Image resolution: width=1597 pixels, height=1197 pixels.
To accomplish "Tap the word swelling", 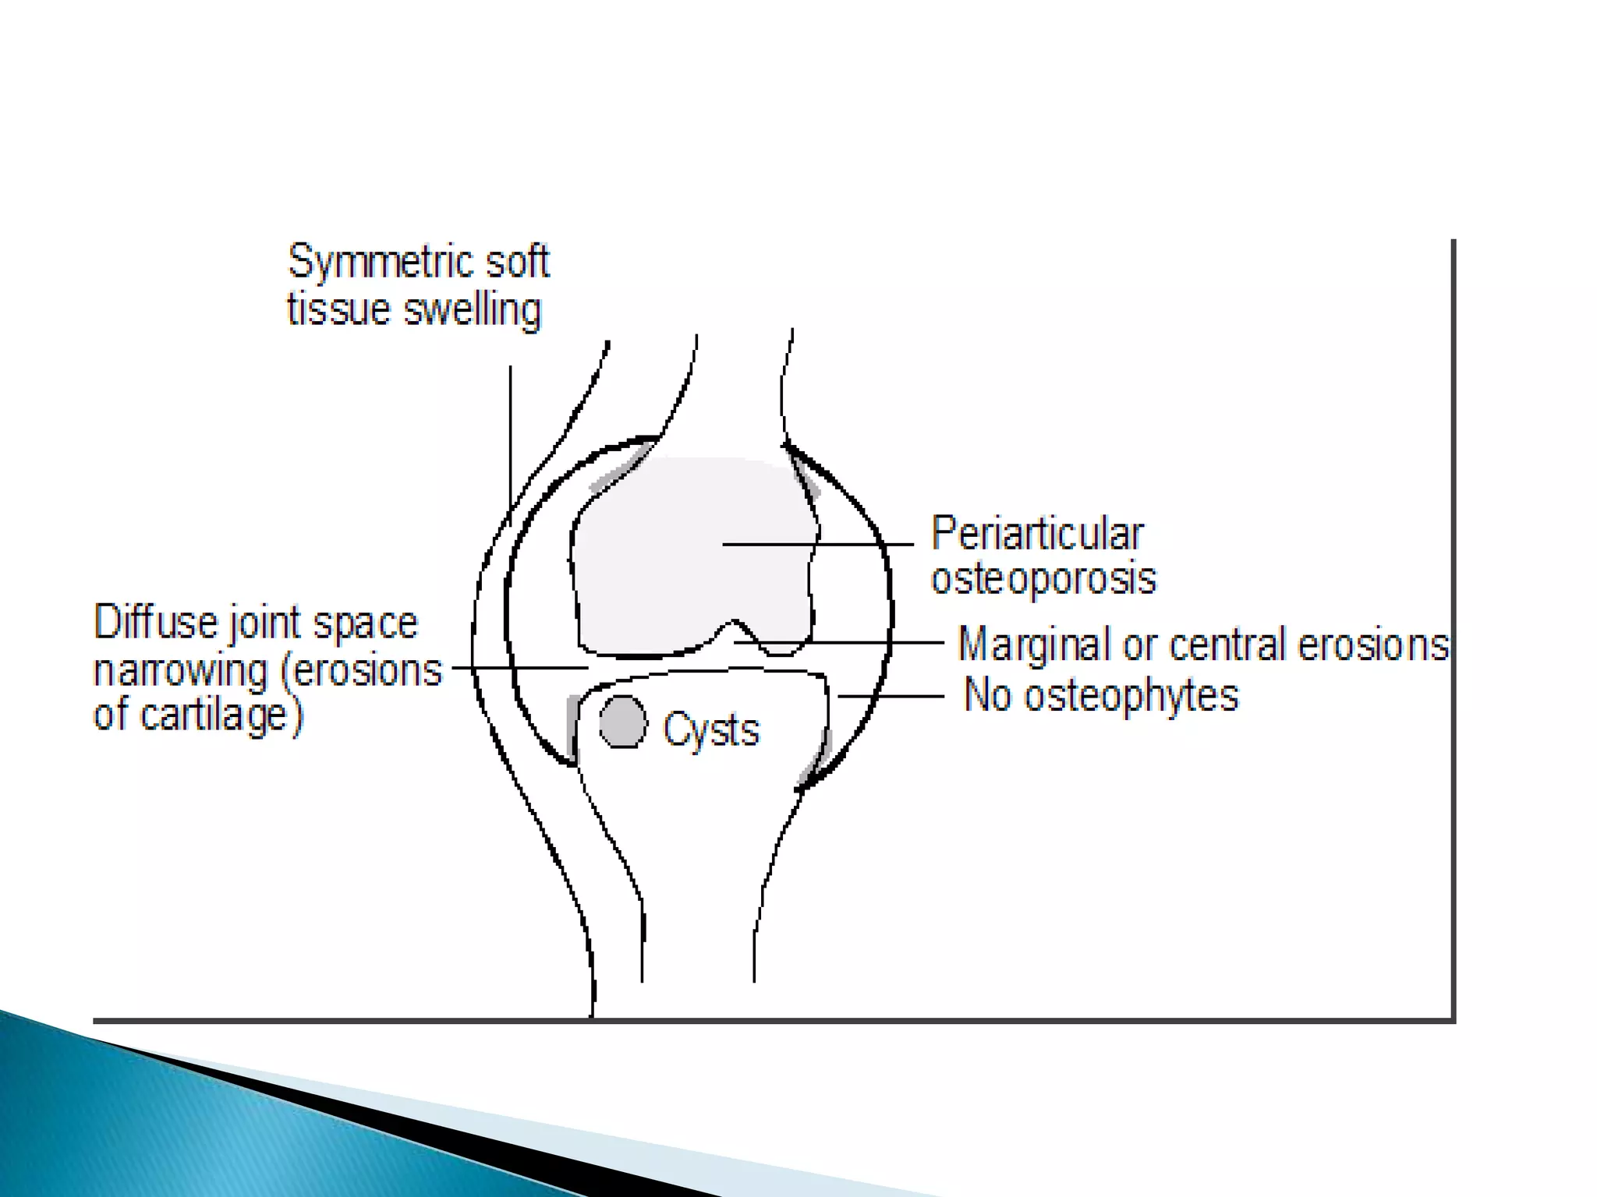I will [x=472, y=310].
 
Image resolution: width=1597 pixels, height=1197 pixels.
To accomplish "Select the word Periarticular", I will [x=1037, y=535].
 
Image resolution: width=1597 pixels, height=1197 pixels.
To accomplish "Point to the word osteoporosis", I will [x=1043, y=579].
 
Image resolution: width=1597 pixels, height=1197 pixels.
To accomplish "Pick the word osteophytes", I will [x=1131, y=695].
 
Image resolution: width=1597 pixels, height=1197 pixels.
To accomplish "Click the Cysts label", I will [x=710, y=730].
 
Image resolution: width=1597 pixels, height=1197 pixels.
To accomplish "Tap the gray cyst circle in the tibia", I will [x=623, y=722].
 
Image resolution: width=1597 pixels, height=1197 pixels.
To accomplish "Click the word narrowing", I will [x=181, y=670].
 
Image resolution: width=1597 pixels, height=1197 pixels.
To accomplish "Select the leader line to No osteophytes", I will [x=891, y=695].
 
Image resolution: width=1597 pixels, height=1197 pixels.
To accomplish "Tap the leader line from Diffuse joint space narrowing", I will [x=519, y=668].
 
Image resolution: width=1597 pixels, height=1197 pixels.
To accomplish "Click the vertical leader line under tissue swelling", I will [x=511, y=436].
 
